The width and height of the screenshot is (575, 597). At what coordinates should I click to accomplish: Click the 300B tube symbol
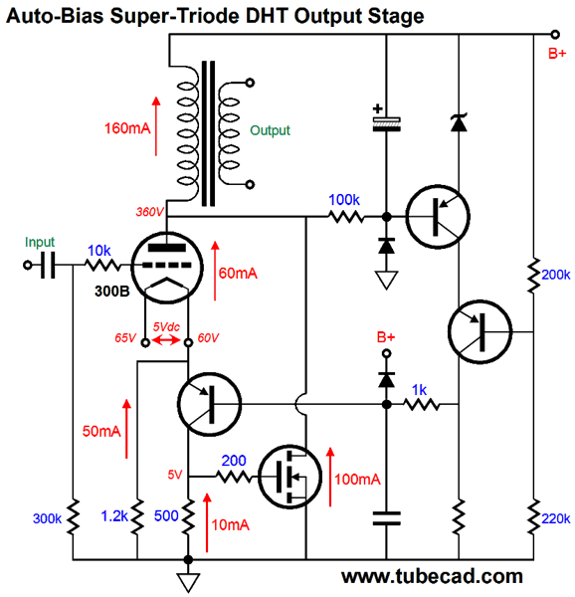(x=167, y=268)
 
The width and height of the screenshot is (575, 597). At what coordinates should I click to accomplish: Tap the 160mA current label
(x=127, y=128)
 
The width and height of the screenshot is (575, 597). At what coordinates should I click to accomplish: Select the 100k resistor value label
(x=343, y=200)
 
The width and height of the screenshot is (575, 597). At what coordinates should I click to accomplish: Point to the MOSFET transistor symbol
(x=289, y=477)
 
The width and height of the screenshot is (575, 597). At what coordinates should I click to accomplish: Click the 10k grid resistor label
(x=98, y=251)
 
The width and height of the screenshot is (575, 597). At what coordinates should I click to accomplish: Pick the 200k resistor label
(x=556, y=275)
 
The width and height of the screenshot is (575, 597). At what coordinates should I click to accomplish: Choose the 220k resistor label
(x=556, y=518)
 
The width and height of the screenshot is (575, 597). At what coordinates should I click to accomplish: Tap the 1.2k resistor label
(x=114, y=515)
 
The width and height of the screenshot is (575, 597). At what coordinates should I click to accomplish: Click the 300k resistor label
(x=47, y=518)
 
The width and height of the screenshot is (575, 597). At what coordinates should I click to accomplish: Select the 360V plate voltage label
(x=149, y=212)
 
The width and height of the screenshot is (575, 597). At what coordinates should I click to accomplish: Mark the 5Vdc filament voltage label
(x=166, y=326)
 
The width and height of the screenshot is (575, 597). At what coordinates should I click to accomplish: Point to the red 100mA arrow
(x=330, y=477)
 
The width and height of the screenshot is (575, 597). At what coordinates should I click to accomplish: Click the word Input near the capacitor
(x=40, y=242)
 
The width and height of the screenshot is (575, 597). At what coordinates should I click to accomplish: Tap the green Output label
(x=270, y=130)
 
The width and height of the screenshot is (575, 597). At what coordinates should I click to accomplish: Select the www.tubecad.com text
(x=432, y=576)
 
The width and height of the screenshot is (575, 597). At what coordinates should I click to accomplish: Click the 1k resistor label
(x=419, y=390)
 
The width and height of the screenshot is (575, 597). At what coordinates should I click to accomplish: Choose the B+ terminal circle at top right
(x=555, y=35)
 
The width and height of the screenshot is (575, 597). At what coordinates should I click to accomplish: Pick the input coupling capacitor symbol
(x=49, y=265)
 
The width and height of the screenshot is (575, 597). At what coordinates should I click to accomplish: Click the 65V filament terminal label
(x=125, y=337)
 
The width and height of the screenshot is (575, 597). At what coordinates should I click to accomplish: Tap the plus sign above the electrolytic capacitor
(x=377, y=108)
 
